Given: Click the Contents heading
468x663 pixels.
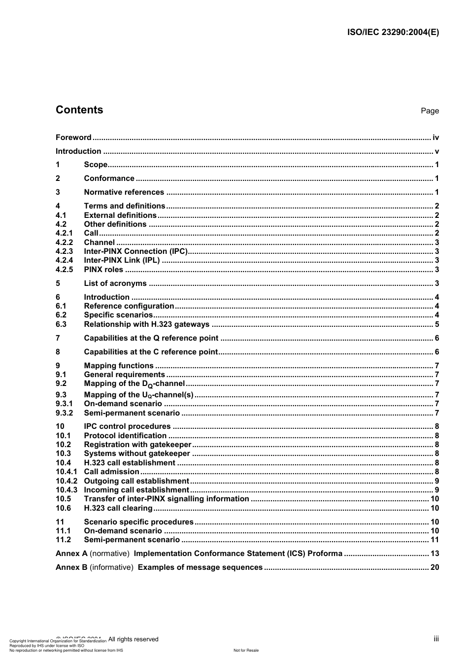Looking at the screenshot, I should pos(79,110).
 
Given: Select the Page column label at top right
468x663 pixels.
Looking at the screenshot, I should pos(430,111).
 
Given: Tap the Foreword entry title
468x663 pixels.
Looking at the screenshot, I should pos(73,138).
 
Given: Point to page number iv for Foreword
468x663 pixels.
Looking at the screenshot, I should pos(435,138).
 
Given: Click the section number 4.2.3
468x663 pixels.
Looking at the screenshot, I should pos(64,251).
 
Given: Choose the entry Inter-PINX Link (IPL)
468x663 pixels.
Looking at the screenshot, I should pos(122,260).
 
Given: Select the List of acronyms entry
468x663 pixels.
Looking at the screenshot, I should pos(115,283).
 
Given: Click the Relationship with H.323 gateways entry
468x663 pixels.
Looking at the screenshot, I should pos(147,324).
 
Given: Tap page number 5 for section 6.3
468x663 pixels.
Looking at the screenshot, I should pos(436,324).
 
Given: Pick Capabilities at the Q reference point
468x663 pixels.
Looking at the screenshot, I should pos(151,338).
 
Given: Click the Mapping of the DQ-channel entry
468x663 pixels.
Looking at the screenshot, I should pos(134,384).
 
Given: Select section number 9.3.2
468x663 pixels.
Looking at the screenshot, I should pos(64,413).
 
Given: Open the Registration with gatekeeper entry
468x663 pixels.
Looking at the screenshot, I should pos(137,445).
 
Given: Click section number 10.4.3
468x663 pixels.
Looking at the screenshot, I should pos(67,490).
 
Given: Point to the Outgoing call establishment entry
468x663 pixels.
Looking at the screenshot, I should pos(136,481).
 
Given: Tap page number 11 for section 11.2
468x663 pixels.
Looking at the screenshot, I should pos(435,540).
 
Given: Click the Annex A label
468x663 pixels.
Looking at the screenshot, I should pos(71,554).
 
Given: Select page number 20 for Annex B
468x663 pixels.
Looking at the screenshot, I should pos(435,567).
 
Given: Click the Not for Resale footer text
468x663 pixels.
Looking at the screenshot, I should pos(246,650).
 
